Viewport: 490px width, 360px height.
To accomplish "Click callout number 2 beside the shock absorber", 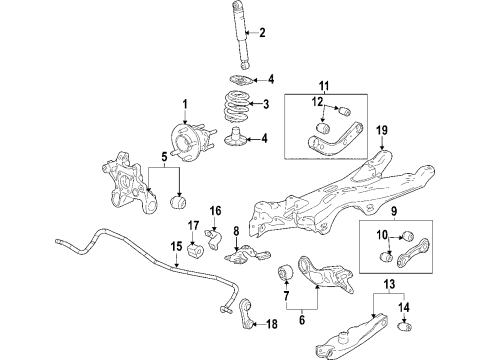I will coord(262,34).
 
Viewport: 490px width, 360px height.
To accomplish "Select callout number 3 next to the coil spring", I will coord(264,104).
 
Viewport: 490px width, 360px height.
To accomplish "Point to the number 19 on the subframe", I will coord(382,129).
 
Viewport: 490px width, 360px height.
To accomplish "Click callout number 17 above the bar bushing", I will coord(193,252).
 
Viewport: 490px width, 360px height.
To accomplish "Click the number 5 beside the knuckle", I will coord(164,157).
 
